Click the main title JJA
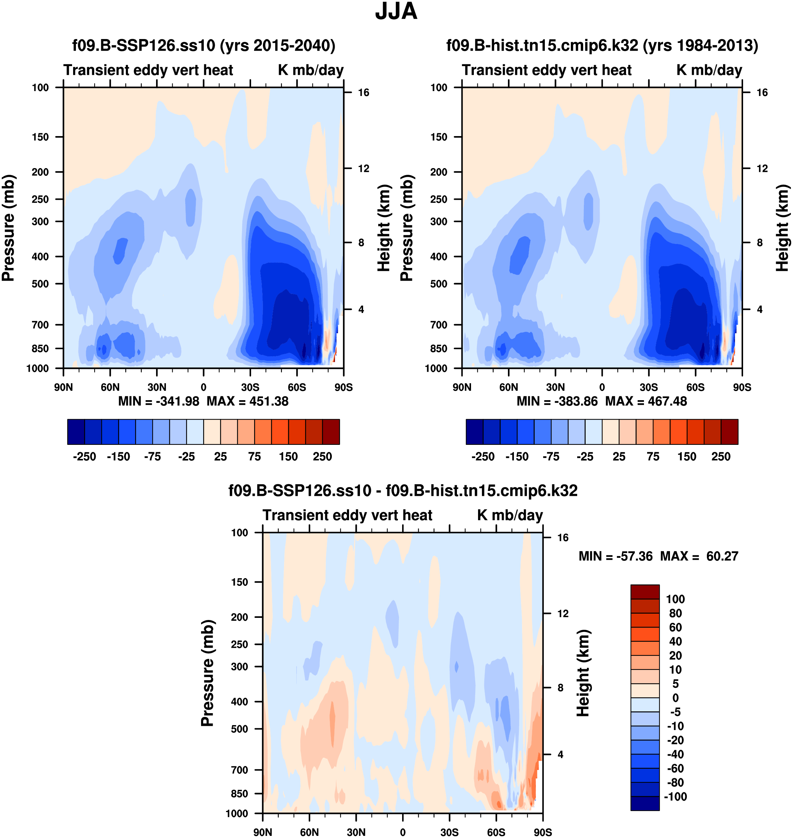pos(396,12)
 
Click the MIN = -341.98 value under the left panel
pos(159,401)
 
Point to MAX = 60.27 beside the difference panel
pos(699,556)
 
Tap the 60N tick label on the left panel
pos(110,387)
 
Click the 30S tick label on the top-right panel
pos(649,387)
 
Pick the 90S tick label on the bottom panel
pos(542,832)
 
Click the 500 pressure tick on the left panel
pos(40,284)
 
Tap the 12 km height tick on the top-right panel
pos(762,169)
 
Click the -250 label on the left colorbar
pos(85,457)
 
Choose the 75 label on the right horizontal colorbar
pos(653,457)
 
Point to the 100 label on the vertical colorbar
pos(675,599)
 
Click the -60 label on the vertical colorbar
pos(675,768)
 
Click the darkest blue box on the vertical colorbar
pos(645,803)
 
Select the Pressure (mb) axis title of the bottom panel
pos(207,673)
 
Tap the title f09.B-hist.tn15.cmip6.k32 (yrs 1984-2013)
pos(602,45)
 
